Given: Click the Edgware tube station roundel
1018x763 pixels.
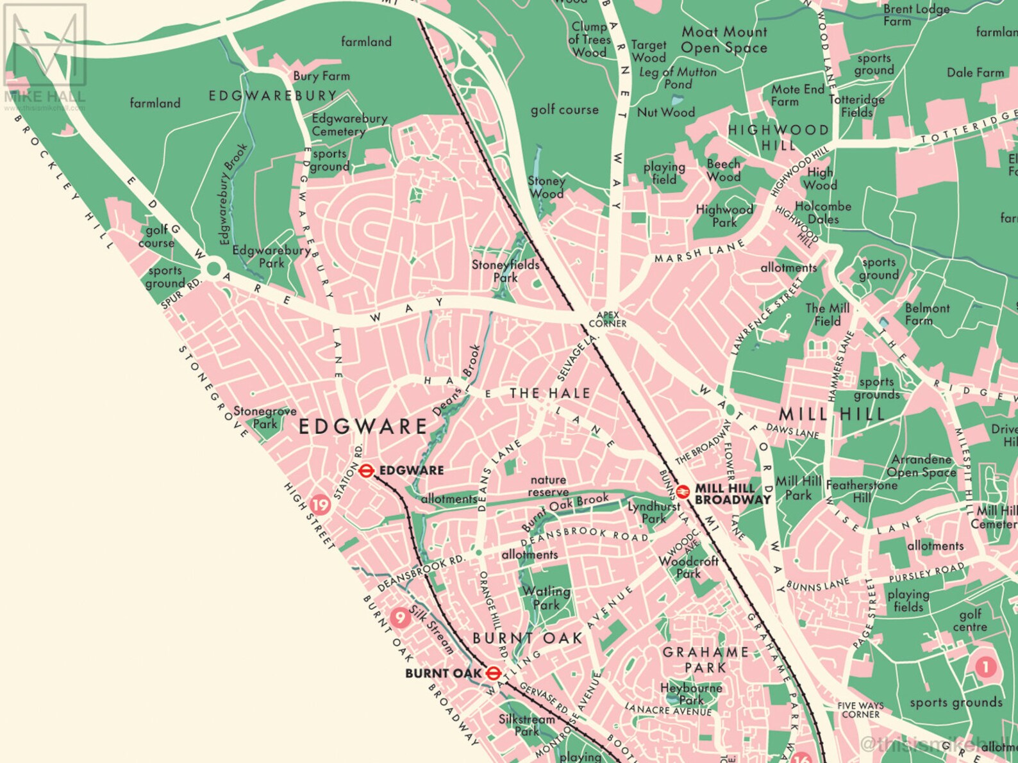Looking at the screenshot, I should point(366,471).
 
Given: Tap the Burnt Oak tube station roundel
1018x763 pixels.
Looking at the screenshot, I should point(493,673).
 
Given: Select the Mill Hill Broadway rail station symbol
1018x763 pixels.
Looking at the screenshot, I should point(683,492).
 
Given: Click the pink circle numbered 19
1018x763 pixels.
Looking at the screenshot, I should point(320,505).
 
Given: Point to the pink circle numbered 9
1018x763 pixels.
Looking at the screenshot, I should point(401,617).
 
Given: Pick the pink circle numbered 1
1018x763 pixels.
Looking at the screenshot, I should point(985,668).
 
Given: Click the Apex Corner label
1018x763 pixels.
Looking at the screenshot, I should point(608,319).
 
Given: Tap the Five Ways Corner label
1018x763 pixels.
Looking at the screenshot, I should point(860,710).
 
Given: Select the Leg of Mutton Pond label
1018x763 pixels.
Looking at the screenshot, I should point(678,78).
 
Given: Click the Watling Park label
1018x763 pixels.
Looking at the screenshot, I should point(546,598).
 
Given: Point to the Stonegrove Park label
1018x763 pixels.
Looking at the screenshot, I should point(265,417).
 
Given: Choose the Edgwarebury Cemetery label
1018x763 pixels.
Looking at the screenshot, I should point(349,125).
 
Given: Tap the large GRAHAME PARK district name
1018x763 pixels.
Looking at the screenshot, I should point(705,660).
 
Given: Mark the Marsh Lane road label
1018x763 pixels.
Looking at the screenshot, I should point(699,251).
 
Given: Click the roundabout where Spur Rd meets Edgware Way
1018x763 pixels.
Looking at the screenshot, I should point(212,268).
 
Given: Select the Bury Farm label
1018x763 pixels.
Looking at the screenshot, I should point(321,76).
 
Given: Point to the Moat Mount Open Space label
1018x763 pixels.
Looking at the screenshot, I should point(724,40).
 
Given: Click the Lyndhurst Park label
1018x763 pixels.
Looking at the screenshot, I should point(653,513).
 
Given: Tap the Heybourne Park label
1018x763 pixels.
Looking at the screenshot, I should point(691,694).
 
